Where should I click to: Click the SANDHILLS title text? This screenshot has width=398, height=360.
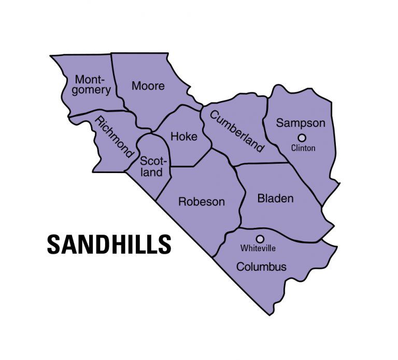[x=109, y=244]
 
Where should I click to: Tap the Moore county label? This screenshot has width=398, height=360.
[x=148, y=85]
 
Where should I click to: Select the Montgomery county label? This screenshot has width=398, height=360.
[x=93, y=85]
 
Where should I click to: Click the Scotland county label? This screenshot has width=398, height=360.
[x=151, y=166]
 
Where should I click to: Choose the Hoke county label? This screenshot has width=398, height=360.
[x=184, y=137]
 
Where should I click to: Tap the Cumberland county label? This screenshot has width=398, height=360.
[x=237, y=130]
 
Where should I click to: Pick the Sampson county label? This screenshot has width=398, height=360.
[x=301, y=123]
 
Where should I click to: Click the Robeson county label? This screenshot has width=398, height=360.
[x=202, y=201]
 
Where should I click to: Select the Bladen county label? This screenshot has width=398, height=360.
[x=275, y=198]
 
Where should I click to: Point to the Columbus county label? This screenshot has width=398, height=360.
[x=261, y=267]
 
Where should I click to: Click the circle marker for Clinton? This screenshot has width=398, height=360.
[x=302, y=137]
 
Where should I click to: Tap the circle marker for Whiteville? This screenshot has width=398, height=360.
[x=260, y=239]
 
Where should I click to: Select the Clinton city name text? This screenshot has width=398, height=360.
[x=303, y=148]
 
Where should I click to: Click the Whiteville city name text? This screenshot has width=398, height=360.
[x=258, y=249]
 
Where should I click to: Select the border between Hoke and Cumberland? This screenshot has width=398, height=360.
[x=206, y=124]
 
